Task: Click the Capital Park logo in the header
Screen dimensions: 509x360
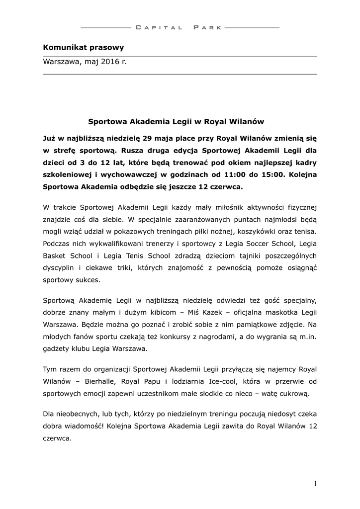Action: pyautogui.click(x=180, y=28)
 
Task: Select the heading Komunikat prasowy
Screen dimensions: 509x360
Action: pyautogui.click(x=83, y=48)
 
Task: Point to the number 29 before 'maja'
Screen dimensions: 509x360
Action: pyautogui.click(x=149, y=136)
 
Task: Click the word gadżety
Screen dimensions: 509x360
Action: pyautogui.click(x=57, y=349)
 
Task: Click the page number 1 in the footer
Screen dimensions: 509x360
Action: pyautogui.click(x=315, y=483)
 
